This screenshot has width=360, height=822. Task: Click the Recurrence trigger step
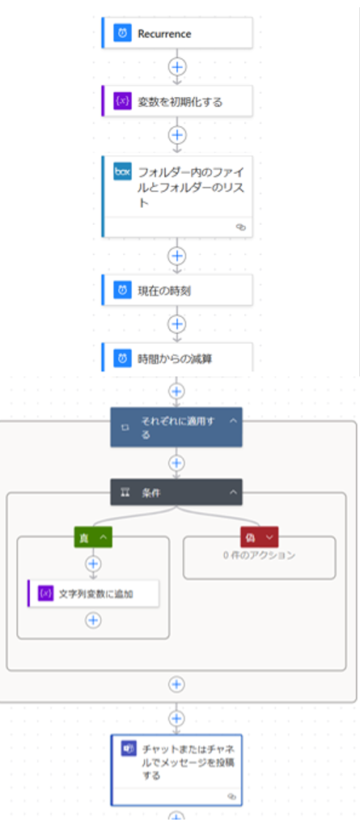tap(177, 33)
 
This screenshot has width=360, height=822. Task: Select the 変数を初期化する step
tap(177, 101)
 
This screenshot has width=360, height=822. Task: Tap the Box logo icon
tap(123, 172)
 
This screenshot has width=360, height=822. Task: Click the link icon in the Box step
tap(240, 227)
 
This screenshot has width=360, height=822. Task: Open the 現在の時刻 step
tap(177, 290)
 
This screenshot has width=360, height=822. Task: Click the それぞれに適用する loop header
tap(176, 427)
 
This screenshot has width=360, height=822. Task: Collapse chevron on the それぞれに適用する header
tap(233, 421)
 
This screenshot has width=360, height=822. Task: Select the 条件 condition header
tap(176, 492)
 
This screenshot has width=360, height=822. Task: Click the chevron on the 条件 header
tap(233, 492)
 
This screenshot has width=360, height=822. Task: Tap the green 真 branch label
tap(93, 537)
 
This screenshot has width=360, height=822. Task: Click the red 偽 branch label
tap(260, 537)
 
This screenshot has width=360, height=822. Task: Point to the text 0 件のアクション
tap(259, 556)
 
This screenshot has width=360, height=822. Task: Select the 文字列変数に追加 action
tap(93, 593)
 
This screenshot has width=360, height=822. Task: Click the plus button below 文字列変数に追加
tap(93, 621)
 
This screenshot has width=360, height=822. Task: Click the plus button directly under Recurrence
tap(177, 66)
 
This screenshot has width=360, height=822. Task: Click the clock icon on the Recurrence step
tap(123, 33)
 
